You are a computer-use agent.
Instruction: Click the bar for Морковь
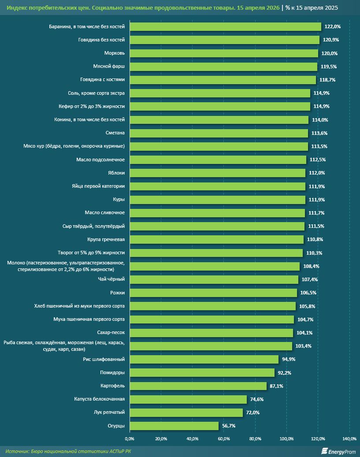pyautogui.click(x=224, y=53)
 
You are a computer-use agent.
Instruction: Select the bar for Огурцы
pyautogui.click(x=174, y=426)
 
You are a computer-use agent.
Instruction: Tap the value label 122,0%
pyautogui.click(x=333, y=26)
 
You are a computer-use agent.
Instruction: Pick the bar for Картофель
pyautogui.click(x=198, y=386)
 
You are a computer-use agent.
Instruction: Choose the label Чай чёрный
pyautogui.click(x=111, y=279)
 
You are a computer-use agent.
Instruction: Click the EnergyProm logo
pyautogui.click(x=338, y=451)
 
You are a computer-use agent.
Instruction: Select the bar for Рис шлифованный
pyautogui.click(x=204, y=360)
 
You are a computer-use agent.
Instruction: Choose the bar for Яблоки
pyautogui.click(x=218, y=173)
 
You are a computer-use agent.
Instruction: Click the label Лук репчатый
pyautogui.click(x=110, y=412)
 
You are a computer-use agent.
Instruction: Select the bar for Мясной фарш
pyautogui.click(x=223, y=67)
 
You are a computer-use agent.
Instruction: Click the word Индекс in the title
pyautogui.click(x=17, y=8)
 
